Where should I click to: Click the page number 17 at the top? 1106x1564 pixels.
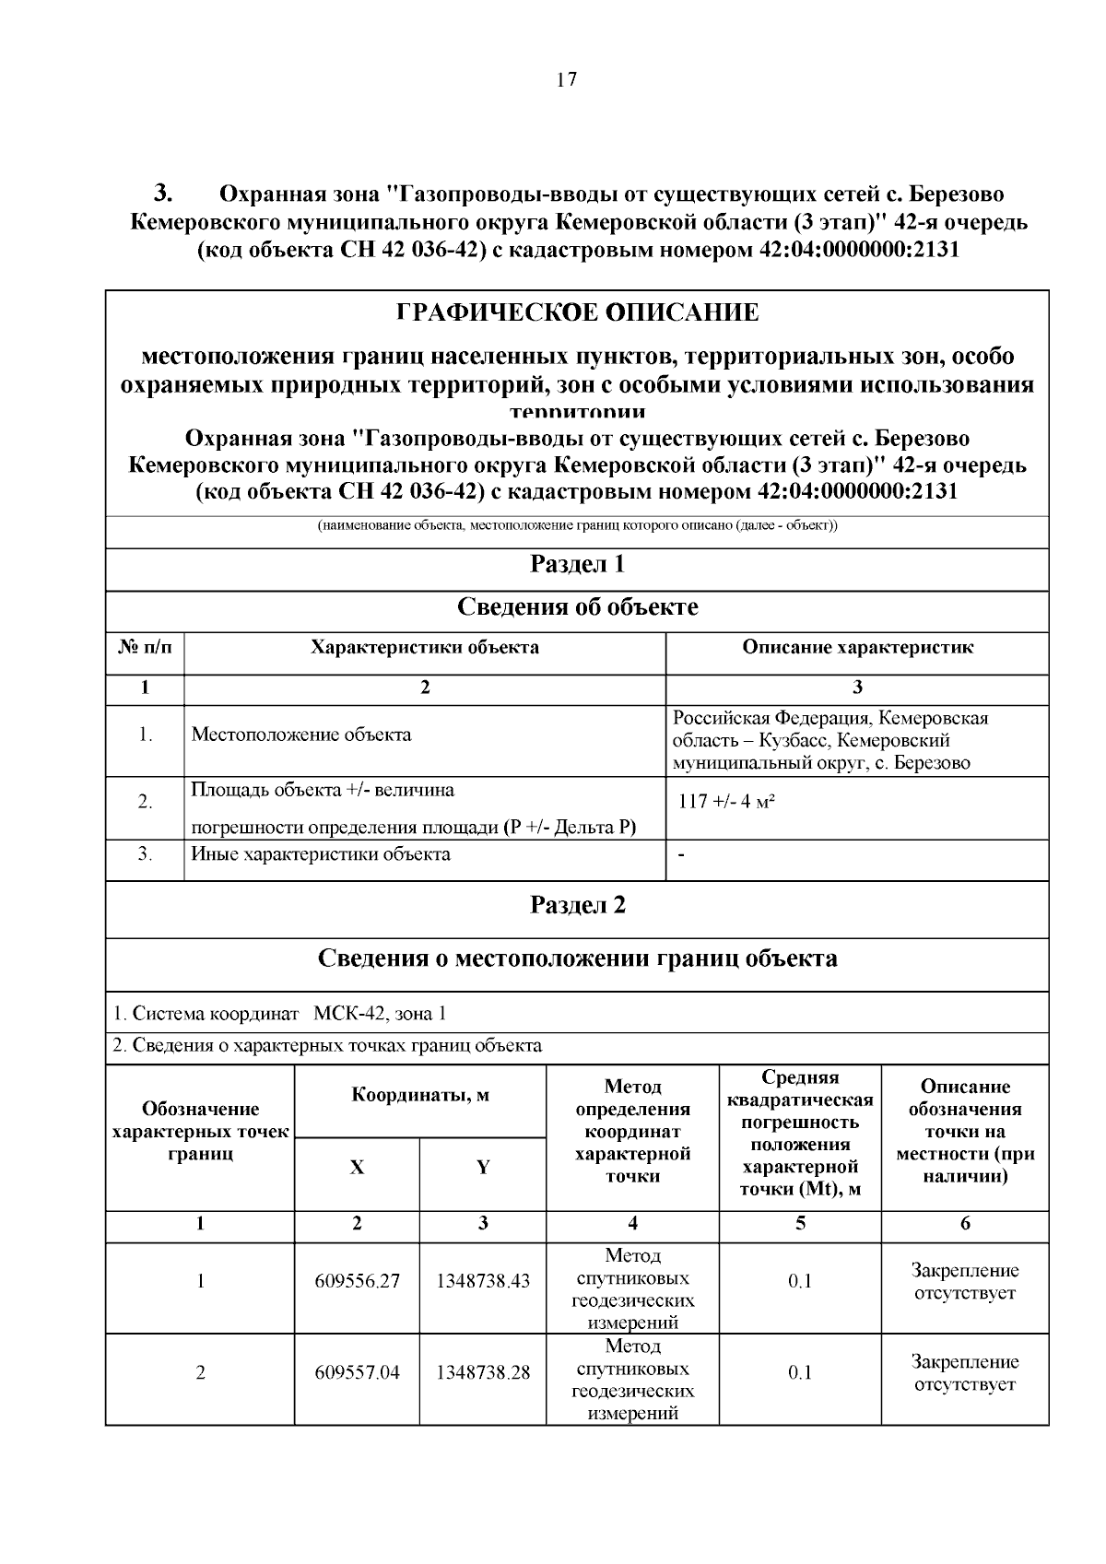click(566, 80)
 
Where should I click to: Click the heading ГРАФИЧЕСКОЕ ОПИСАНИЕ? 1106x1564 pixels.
click(577, 313)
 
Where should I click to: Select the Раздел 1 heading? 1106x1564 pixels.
click(577, 564)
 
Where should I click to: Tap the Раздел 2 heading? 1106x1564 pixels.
click(577, 905)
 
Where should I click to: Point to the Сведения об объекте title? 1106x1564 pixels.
click(577, 607)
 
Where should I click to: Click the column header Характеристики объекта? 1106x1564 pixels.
click(425, 647)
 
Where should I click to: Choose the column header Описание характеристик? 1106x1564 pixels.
click(857, 647)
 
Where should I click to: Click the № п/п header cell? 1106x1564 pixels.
click(146, 647)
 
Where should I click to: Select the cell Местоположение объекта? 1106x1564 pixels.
click(301, 735)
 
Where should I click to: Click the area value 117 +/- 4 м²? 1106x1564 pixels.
click(726, 802)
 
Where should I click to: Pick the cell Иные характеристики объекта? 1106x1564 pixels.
click(321, 854)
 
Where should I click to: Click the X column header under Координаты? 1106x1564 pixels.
click(357, 1168)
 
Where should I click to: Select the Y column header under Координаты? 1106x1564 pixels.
click(482, 1168)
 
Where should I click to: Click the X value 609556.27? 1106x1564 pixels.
click(357, 1281)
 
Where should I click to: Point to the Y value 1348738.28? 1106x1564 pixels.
click(482, 1372)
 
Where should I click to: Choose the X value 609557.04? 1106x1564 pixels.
click(357, 1372)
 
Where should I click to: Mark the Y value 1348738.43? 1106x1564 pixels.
click(482, 1281)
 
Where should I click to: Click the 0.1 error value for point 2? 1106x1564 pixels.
click(799, 1372)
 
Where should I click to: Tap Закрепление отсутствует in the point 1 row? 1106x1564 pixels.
click(964, 1281)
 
